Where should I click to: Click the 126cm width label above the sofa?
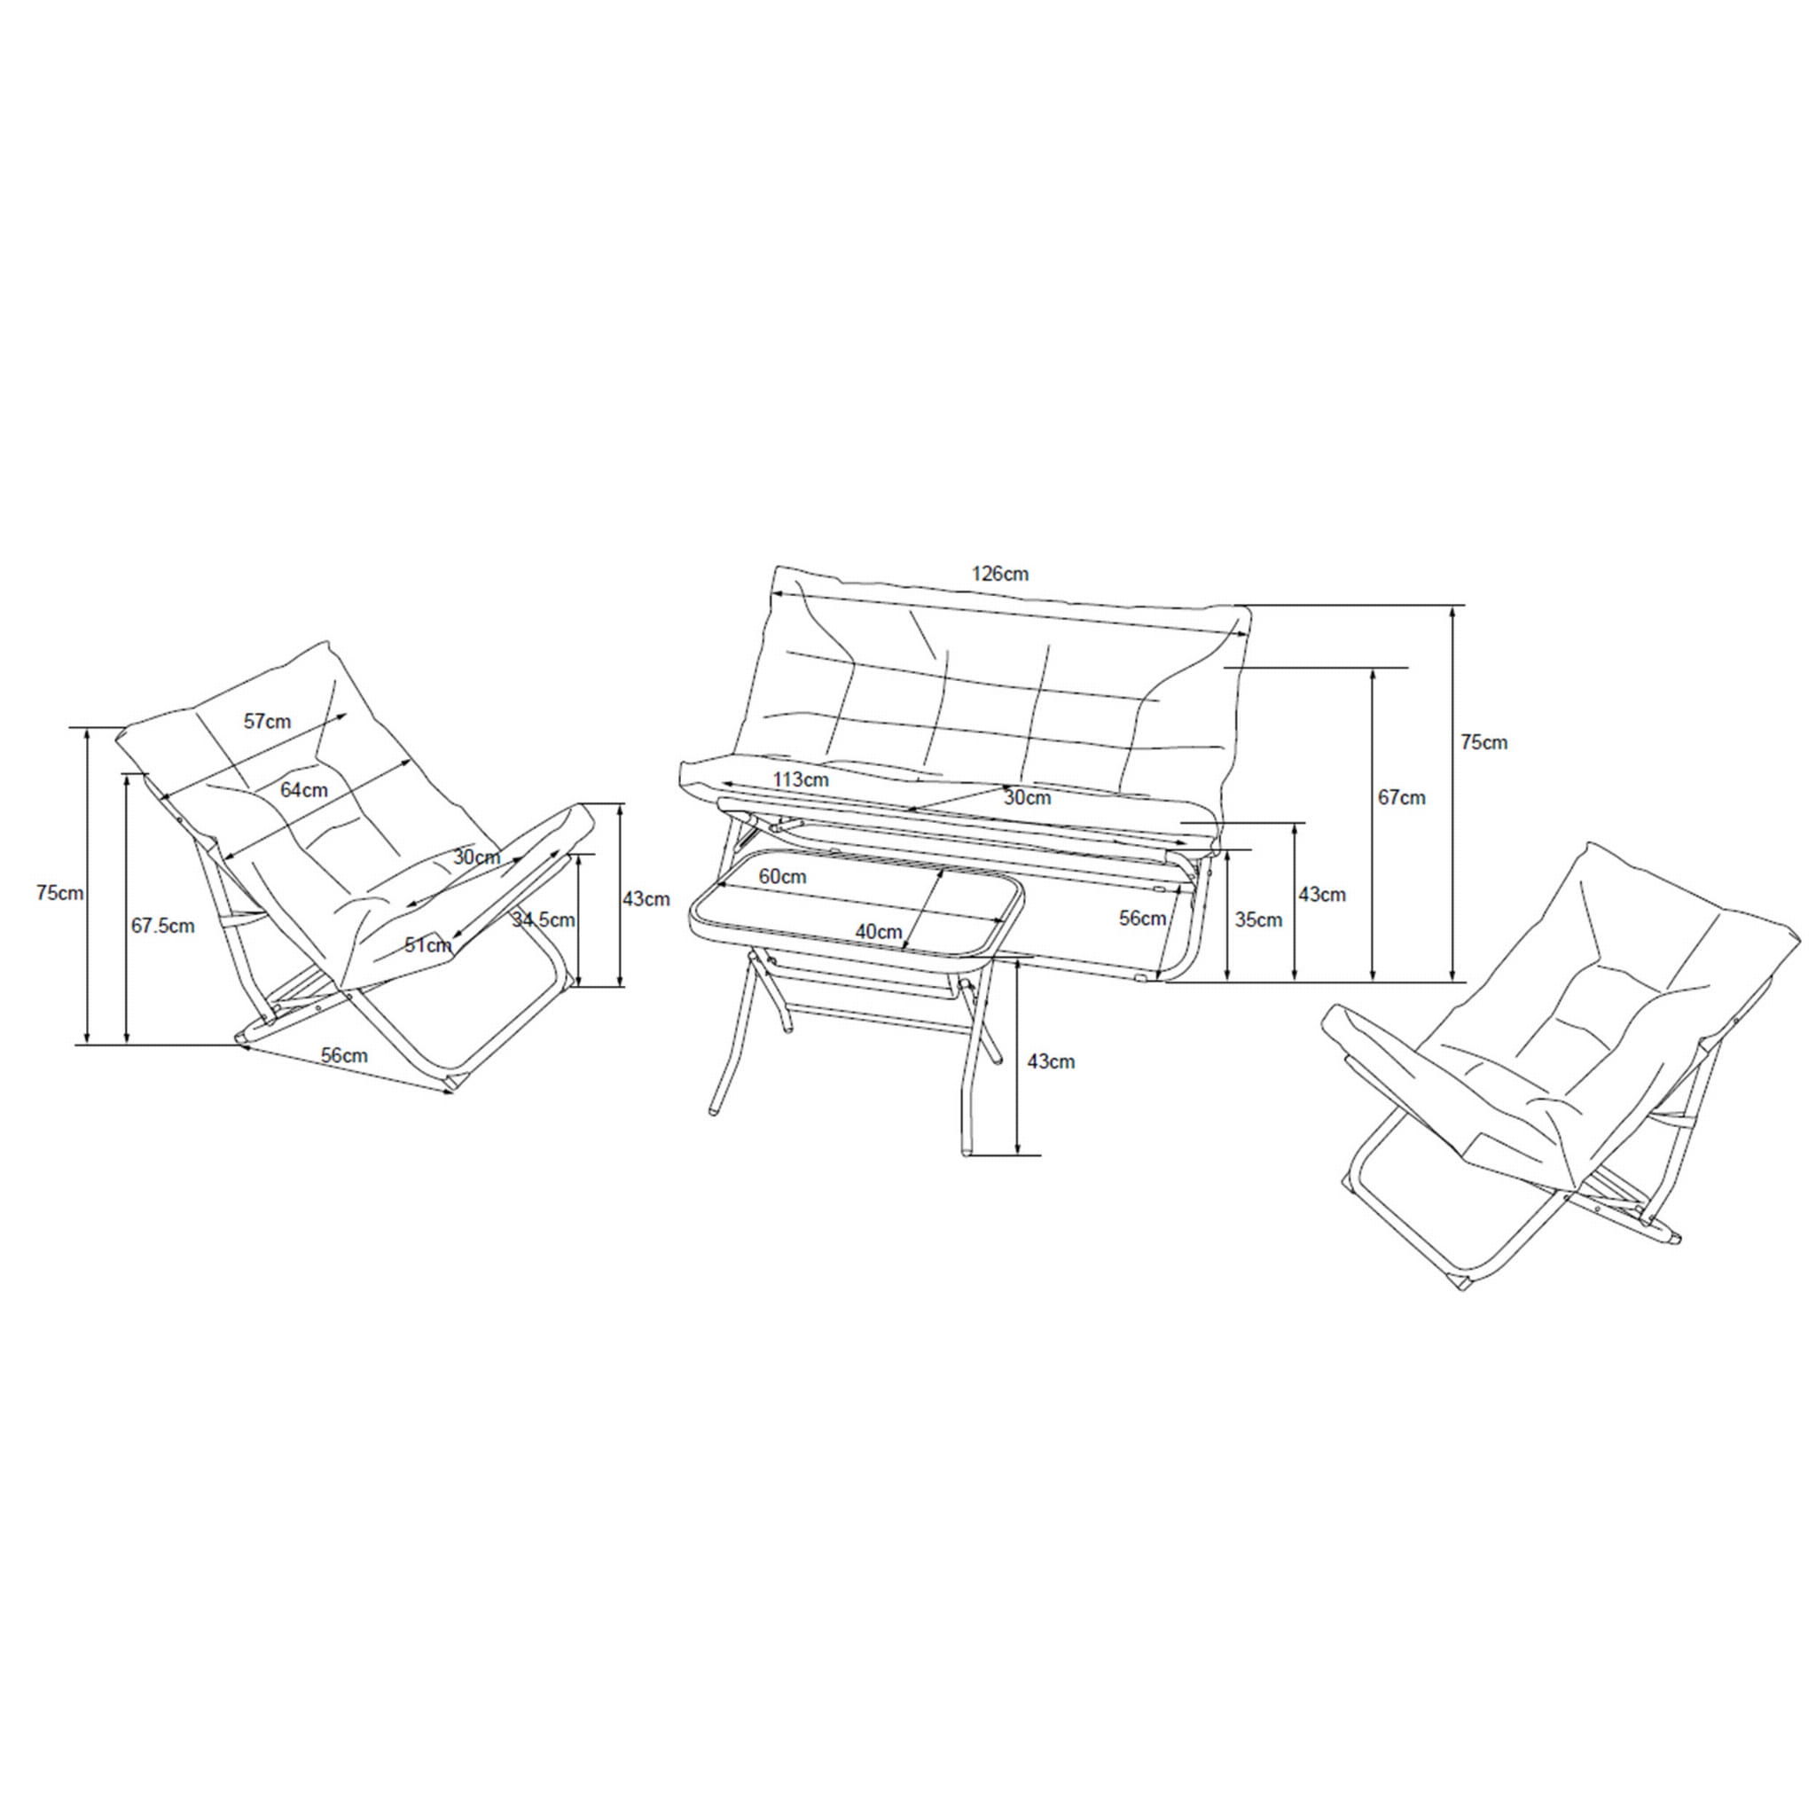click(999, 574)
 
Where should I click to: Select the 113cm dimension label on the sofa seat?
click(801, 779)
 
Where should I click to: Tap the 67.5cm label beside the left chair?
click(162, 926)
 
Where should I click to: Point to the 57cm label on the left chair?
click(268, 722)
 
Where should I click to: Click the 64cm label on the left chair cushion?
click(304, 790)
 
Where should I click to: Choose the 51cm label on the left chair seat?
click(428, 945)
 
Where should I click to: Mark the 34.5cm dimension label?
click(544, 920)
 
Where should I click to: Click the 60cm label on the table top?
click(783, 876)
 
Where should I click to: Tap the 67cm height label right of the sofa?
click(1402, 798)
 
